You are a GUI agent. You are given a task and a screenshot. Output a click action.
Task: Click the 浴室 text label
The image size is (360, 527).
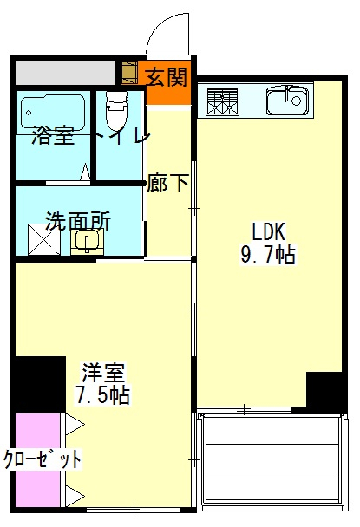point(53,136)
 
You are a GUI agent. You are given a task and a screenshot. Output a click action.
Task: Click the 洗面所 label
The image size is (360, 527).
point(78,220)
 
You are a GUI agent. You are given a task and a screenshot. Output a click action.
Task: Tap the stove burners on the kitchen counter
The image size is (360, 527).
point(222,102)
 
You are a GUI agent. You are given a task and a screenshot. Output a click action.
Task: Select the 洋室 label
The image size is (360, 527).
point(104,374)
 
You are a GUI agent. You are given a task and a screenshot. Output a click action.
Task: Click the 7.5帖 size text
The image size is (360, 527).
point(104,396)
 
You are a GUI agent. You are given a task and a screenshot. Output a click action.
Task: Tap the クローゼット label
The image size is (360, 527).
point(43,459)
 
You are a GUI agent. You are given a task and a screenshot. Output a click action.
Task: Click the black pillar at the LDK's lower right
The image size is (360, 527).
point(326,391)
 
